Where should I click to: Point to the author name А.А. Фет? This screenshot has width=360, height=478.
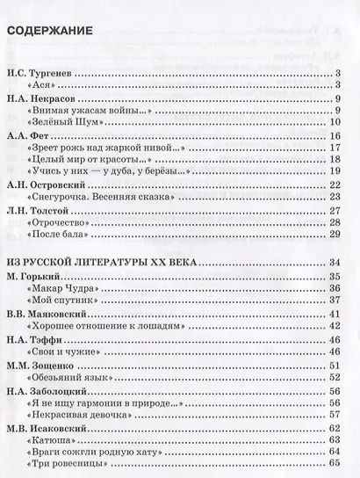25,137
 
